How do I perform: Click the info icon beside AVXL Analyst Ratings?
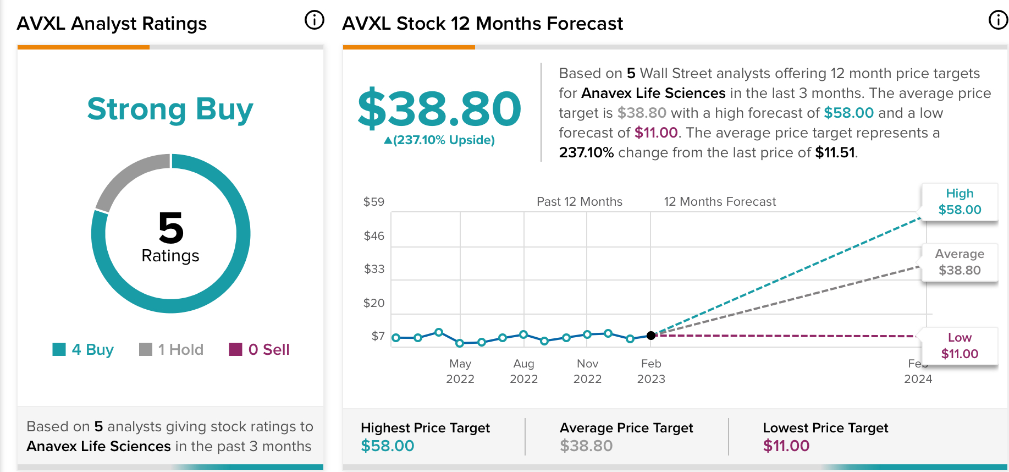click(315, 20)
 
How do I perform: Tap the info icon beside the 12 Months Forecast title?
click(998, 20)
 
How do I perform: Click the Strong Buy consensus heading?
click(170, 109)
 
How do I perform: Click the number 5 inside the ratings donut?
click(170, 228)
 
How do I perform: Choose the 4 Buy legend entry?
click(83, 349)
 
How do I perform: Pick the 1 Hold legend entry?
click(171, 349)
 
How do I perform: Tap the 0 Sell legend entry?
click(259, 349)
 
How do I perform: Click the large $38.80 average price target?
click(439, 108)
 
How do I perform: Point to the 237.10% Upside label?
click(439, 140)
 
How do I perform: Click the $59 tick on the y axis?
click(374, 202)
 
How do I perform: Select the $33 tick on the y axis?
click(374, 269)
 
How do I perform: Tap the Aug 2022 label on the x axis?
click(523, 371)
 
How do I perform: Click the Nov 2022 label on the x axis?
click(587, 371)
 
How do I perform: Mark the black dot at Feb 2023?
click(651, 336)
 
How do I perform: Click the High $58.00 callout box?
click(960, 202)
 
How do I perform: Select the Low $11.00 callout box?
click(960, 346)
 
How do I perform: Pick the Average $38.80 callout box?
click(960, 262)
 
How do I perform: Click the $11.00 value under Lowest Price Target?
click(786, 446)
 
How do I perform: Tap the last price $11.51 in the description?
click(835, 152)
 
